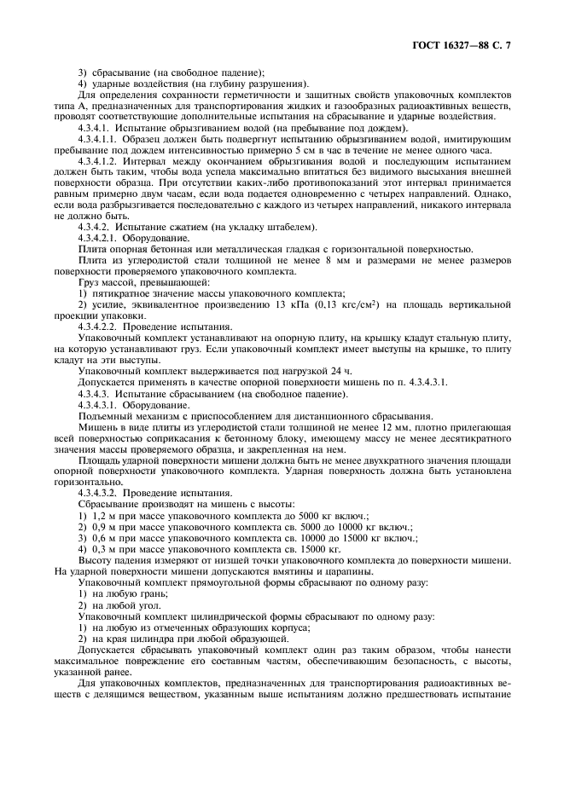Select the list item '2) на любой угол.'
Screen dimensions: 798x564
click(123, 602)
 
